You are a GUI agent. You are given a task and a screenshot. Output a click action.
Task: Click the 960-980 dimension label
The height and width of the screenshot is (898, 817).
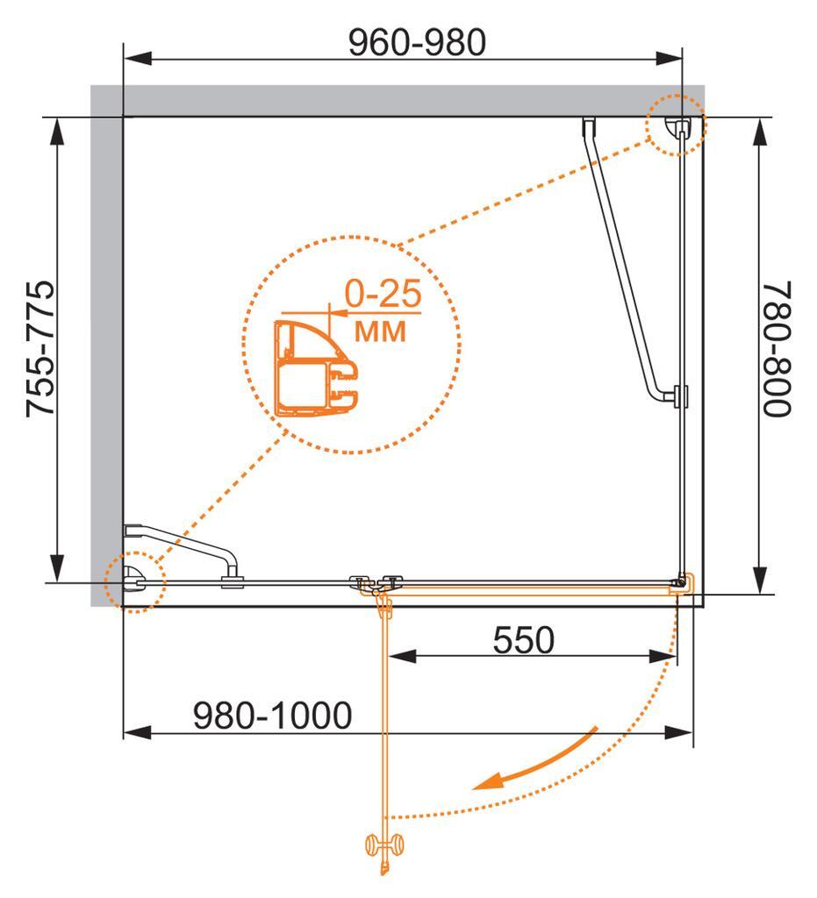(416, 42)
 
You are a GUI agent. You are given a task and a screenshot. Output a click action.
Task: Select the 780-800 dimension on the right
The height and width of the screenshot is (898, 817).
(777, 349)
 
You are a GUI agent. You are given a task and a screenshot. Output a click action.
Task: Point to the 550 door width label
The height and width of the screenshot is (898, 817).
(524, 640)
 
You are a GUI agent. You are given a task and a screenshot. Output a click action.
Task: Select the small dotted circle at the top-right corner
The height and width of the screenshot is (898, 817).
(676, 125)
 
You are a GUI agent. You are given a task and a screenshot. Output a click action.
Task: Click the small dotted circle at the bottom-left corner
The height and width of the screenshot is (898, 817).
(134, 580)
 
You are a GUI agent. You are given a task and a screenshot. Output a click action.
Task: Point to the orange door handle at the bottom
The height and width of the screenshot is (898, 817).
(384, 845)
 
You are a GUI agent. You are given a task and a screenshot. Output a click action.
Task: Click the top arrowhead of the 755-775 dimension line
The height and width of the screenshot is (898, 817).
(58, 128)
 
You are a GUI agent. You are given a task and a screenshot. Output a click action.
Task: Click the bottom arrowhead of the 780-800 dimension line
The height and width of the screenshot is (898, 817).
(760, 582)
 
